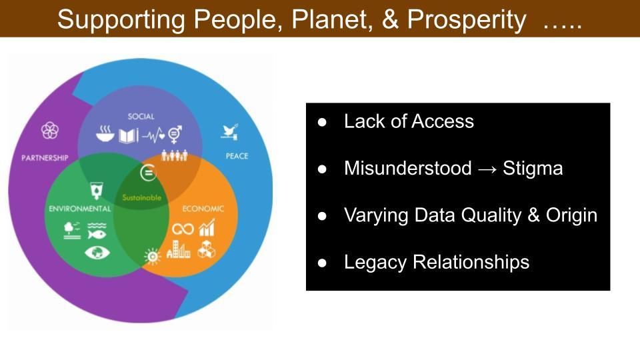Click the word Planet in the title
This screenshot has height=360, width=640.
pyautogui.click(x=332, y=19)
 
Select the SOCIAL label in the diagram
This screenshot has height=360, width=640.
pyautogui.click(x=141, y=116)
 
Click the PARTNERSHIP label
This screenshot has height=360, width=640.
pyautogui.click(x=45, y=158)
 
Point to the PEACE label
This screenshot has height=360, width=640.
pyautogui.click(x=237, y=156)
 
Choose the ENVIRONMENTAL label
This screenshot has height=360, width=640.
pyautogui.click(x=79, y=209)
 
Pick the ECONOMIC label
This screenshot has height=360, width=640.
pyautogui.click(x=203, y=209)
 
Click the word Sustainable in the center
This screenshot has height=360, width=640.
pyautogui.click(x=141, y=197)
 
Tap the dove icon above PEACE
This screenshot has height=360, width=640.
pyautogui.click(x=230, y=132)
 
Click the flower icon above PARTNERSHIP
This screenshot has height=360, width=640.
pyautogui.click(x=50, y=131)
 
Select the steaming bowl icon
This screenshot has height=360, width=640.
pyautogui.click(x=105, y=133)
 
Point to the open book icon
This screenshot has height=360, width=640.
pyautogui.click(x=128, y=135)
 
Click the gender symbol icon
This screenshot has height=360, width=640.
pyautogui.click(x=175, y=134)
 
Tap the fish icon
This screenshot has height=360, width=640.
pyautogui.click(x=96, y=234)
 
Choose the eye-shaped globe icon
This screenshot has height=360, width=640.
pyautogui.click(x=97, y=253)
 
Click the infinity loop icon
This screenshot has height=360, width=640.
pyautogui.click(x=183, y=229)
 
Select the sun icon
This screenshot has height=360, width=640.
pyautogui.click(x=153, y=256)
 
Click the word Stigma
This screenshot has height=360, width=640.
pyautogui.click(x=533, y=168)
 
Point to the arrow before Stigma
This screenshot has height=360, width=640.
pyautogui.click(x=487, y=169)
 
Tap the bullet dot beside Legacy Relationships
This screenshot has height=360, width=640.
pyautogui.click(x=322, y=263)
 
